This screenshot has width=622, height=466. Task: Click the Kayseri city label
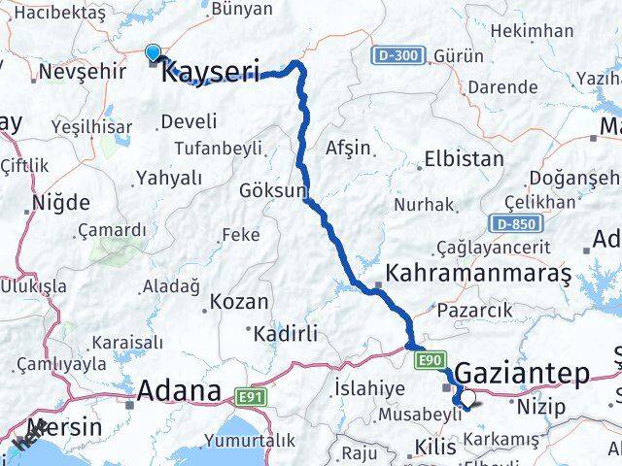pyautogui.click(x=210, y=70)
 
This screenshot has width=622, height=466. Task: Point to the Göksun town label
pyautogui.click(x=272, y=190)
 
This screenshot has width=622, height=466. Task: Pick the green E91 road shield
pyautogui.click(x=249, y=396)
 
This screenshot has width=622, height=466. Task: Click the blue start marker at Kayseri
pyautogui.click(x=154, y=53)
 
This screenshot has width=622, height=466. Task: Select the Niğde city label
pyautogui.click(x=60, y=203)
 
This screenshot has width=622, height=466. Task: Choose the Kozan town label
pyautogui.click(x=239, y=303)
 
